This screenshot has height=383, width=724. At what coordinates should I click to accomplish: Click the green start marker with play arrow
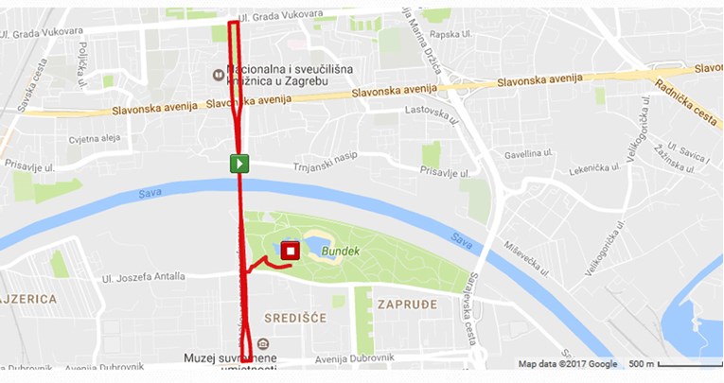(x=240, y=164)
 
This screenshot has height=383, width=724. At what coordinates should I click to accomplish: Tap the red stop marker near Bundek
(x=291, y=251)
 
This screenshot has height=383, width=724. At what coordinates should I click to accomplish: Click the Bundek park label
(x=341, y=252)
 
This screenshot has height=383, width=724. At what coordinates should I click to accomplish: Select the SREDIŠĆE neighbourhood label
(x=294, y=318)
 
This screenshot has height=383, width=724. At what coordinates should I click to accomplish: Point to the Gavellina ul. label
(x=528, y=153)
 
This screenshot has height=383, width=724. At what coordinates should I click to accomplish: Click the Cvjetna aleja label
(x=95, y=138)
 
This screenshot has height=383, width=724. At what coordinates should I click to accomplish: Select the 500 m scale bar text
(x=643, y=364)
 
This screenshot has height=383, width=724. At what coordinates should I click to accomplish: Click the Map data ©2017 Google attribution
(x=567, y=364)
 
